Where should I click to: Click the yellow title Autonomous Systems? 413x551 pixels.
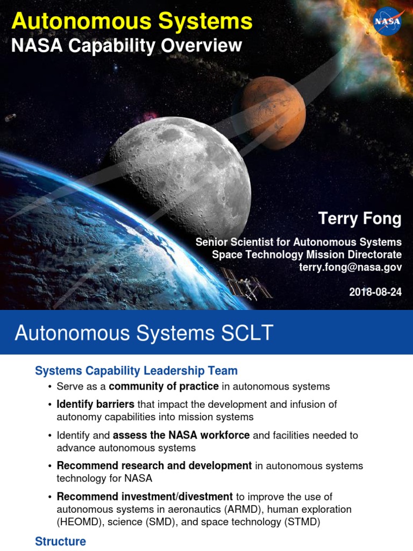pyautogui.click(x=132, y=22)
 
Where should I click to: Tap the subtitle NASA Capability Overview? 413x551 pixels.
pyautogui.click(x=126, y=46)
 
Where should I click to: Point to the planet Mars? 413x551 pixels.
pyautogui.click(x=273, y=112)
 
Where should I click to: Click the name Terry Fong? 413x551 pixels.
pyautogui.click(x=360, y=218)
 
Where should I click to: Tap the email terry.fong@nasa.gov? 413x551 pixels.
pyautogui.click(x=350, y=267)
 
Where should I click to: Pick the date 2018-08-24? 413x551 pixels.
pyautogui.click(x=375, y=292)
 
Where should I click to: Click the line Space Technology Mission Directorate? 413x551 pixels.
pyautogui.click(x=307, y=255)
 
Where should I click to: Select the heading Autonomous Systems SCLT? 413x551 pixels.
pyautogui.click(x=144, y=333)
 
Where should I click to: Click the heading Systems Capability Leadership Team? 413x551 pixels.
pyautogui.click(x=136, y=371)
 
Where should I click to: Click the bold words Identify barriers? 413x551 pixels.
pyautogui.click(x=95, y=404)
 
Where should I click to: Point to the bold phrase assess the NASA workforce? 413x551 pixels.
pyautogui.click(x=181, y=435)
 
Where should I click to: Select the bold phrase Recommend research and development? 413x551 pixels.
pyautogui.click(x=154, y=465)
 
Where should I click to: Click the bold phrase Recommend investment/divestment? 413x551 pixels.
pyautogui.click(x=145, y=496)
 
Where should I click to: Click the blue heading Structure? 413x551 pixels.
pyautogui.click(x=60, y=541)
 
